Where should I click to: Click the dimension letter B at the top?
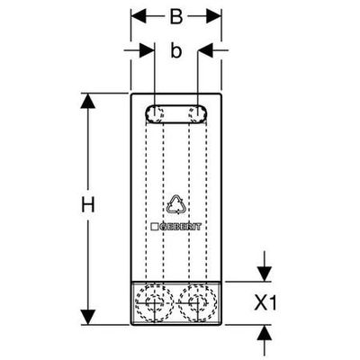coord(176,17)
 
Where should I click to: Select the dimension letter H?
coord(88,205)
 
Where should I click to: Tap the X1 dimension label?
coord(265,303)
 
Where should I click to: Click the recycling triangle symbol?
coord(175,204)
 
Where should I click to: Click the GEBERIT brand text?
coord(180,227)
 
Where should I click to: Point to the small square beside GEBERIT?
coord(155,227)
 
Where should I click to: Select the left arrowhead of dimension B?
coord(139,17)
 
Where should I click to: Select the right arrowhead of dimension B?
coord(213,17)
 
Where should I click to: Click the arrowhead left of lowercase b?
coord(147,50)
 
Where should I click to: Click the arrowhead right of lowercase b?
coord(205,50)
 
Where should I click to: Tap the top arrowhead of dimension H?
coord(88,101)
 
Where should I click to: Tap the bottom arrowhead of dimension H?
coord(88,317)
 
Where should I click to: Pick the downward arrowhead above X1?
coord(265,274)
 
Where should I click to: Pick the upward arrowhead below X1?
coord(265,332)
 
